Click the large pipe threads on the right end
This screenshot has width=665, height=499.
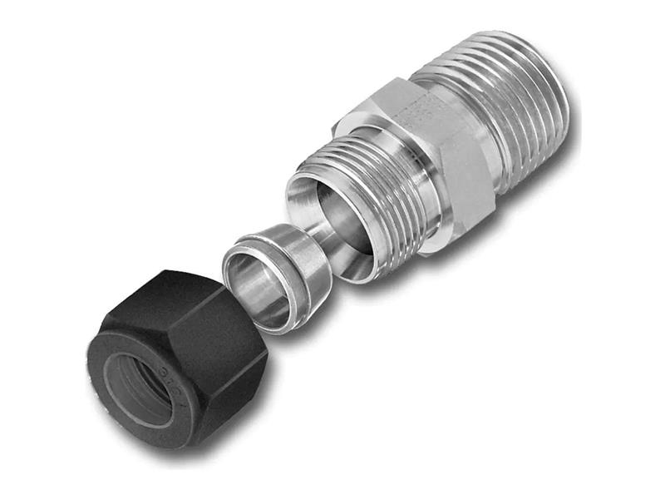[x=515, y=100]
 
